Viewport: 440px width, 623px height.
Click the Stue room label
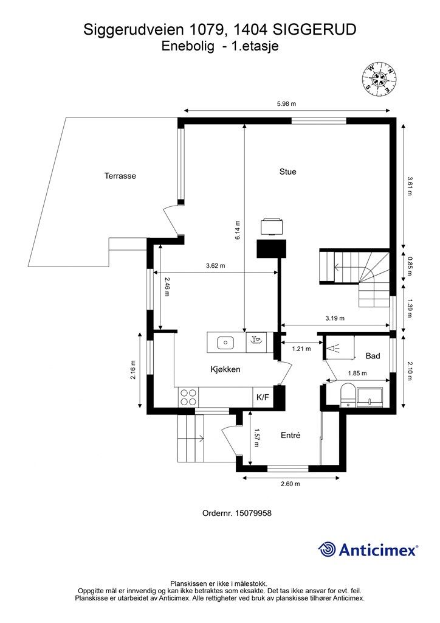tap(287, 172)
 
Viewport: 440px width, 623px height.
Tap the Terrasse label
tap(120, 176)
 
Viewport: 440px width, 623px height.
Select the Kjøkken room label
tap(225, 369)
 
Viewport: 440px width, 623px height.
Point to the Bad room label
tap(373, 356)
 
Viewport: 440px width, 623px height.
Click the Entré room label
tap(290, 436)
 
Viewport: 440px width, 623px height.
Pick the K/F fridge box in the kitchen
tap(263, 397)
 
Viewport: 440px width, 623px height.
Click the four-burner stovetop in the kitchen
tap(188, 397)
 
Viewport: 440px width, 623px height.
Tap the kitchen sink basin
tap(225, 343)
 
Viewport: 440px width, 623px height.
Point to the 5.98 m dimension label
tap(286, 104)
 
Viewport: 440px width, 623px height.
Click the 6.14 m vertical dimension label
tap(238, 230)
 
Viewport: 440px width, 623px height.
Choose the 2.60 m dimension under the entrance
tap(290, 484)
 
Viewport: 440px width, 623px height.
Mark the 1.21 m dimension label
tap(301, 349)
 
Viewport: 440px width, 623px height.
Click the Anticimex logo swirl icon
tap(327, 550)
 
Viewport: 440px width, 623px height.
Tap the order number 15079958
tap(253, 513)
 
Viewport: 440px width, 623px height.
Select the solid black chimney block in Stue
tap(272, 249)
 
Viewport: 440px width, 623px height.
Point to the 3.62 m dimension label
tap(215, 266)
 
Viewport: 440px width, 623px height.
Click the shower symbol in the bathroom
tap(332, 349)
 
